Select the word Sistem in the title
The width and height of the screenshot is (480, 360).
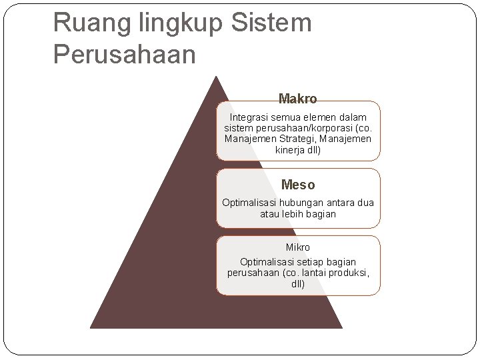[x=272, y=23]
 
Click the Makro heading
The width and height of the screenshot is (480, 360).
[x=297, y=99]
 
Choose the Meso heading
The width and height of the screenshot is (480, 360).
[x=298, y=185]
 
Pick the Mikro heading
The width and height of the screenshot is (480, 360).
[x=298, y=247]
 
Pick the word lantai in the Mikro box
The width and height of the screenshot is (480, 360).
[x=313, y=273]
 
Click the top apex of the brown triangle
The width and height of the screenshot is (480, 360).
[x=215, y=76]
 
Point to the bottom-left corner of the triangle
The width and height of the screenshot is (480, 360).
[x=91, y=327]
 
